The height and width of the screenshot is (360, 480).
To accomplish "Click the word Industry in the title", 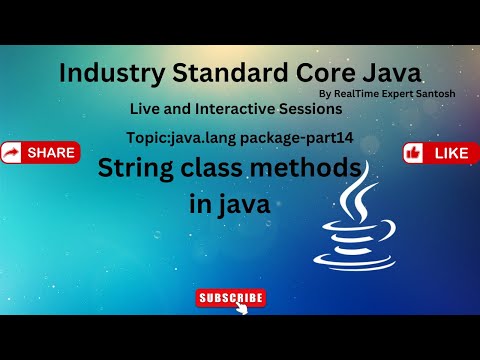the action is coord(112,74).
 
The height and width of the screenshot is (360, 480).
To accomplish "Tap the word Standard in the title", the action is coord(230,73).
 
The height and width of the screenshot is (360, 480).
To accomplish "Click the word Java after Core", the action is coord(392,73).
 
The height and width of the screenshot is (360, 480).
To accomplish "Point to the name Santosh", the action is coord(436,94).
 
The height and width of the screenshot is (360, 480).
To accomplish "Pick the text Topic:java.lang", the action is coord(181,138).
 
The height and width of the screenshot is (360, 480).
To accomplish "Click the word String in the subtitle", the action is coord(136,169).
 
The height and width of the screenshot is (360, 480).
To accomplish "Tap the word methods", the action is coord(306,168).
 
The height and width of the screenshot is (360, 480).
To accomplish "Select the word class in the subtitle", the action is coord(211,168).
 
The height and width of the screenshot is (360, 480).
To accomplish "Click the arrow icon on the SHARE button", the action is coord(11,153).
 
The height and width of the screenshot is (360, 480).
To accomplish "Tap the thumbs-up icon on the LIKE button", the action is coord(413,153).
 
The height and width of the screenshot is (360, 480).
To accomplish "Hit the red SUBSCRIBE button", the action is coord(231,298).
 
